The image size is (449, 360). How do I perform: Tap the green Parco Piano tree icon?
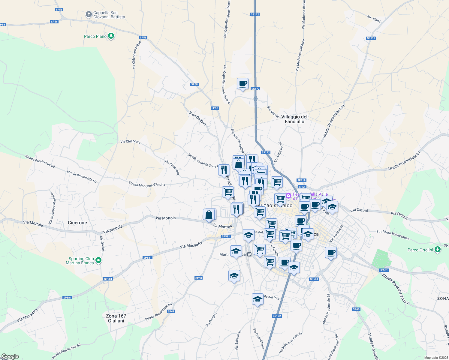click(111, 36)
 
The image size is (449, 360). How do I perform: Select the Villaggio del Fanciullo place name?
click(294, 119)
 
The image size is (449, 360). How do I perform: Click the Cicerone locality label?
click(77, 223)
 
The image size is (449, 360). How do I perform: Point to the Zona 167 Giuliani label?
click(116, 318)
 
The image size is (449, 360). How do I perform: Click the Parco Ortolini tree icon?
click(438, 249)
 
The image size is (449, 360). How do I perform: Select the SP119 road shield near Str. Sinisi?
click(371, 38)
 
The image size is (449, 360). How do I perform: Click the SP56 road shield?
click(54, 22)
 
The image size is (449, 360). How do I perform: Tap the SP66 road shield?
click(356, 309)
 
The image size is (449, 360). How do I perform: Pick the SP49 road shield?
click(171, 311)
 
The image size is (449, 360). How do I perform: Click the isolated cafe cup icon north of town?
click(243, 84)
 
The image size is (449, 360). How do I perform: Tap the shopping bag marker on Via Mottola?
click(209, 215)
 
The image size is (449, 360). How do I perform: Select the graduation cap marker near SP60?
click(234, 276)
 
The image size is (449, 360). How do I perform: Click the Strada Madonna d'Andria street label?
click(147, 184)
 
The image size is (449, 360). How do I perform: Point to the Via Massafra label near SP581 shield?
click(191, 245)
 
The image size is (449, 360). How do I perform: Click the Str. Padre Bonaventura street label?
click(393, 235)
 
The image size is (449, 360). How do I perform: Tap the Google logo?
click(10, 356)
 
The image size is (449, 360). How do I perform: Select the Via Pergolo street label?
click(211, 319)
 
